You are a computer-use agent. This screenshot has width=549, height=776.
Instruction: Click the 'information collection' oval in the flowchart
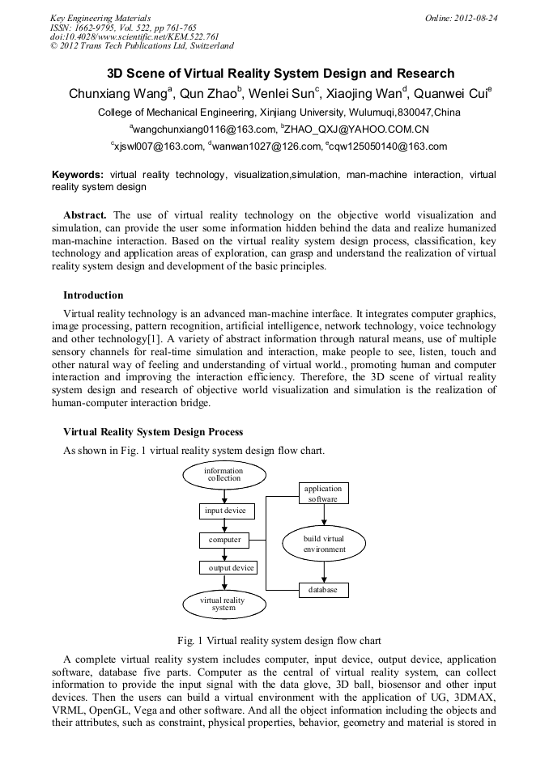point(223,475)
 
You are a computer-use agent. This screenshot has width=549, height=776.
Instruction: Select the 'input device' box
point(227,511)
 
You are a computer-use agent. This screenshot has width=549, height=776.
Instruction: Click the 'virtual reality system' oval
point(223,603)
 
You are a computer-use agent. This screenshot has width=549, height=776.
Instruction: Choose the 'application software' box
point(323,494)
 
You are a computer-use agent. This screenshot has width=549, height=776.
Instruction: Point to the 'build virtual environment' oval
point(324,544)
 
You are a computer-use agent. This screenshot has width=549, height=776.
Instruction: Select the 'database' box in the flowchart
point(324,591)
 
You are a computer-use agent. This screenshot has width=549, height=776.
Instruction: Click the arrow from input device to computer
point(224,525)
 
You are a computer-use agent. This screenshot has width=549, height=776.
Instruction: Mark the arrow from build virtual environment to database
point(324,572)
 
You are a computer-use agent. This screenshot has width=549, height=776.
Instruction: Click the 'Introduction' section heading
point(93,295)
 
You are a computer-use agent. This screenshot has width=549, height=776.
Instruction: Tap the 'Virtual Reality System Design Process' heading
point(153,432)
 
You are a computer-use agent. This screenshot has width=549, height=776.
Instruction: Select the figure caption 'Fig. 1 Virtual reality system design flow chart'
point(274,640)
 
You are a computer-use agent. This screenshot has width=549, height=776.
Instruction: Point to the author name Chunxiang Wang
point(117,94)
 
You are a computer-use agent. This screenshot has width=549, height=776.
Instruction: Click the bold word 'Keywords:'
point(78,175)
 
